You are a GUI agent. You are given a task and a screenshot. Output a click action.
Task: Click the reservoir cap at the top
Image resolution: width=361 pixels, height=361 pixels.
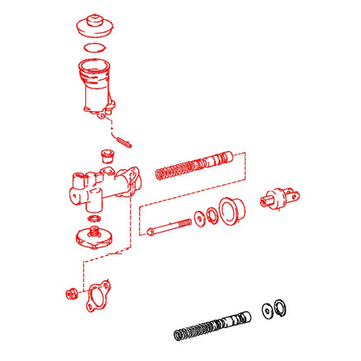[x=93, y=23]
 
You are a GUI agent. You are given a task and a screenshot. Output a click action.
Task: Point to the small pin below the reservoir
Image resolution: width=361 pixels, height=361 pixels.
[x=122, y=136]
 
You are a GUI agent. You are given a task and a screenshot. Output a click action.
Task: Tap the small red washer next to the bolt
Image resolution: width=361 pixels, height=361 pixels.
[x=200, y=218]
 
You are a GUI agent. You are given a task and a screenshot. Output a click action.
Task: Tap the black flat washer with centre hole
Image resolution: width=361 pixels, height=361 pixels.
[x=265, y=310]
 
